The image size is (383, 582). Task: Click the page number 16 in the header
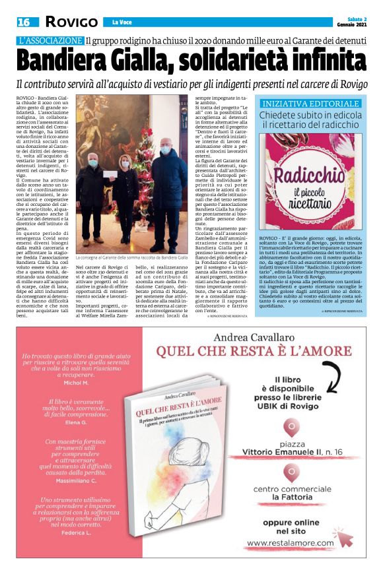(x=24, y=22)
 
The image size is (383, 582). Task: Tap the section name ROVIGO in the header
(x=71, y=22)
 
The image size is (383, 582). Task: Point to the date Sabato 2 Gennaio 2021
(x=353, y=22)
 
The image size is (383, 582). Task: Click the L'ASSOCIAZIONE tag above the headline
(x=51, y=40)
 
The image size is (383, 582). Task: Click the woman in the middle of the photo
(x=125, y=195)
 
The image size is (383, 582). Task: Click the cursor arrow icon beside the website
(x=342, y=536)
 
